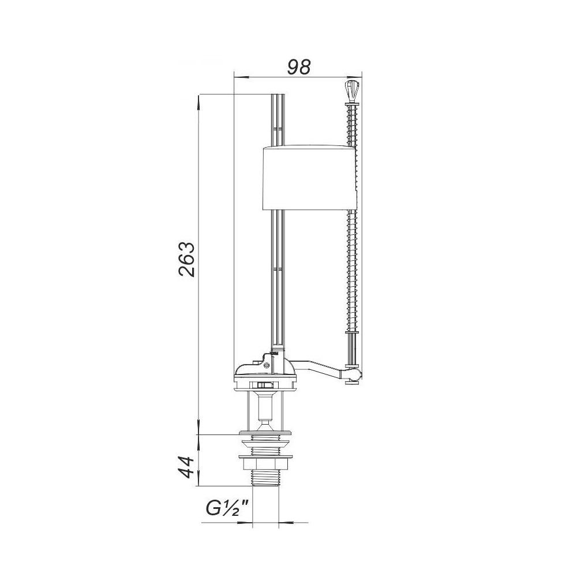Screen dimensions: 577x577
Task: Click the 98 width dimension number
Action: (299, 67)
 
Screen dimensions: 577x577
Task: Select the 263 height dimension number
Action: (186, 259)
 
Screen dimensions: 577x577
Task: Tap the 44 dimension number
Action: (186, 467)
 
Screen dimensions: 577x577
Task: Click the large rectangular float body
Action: (309, 178)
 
